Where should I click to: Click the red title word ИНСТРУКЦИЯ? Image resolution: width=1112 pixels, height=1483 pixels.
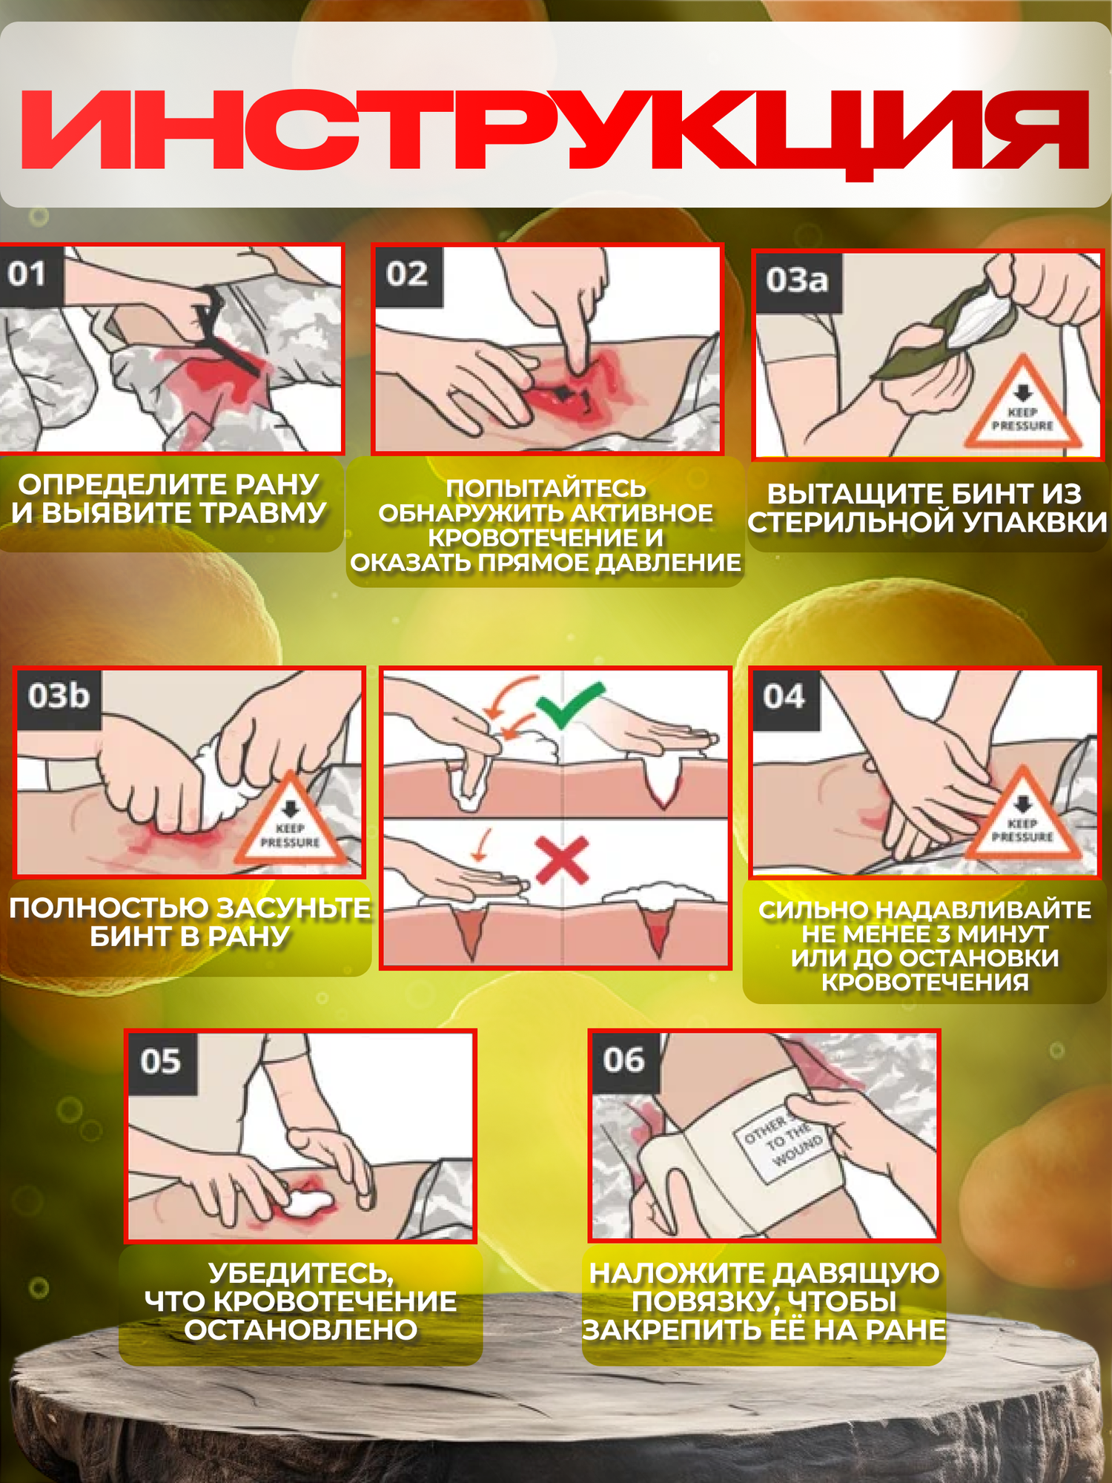(x=555, y=131)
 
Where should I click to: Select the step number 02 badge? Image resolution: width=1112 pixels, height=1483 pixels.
(x=408, y=276)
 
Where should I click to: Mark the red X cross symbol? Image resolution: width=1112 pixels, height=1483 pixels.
(x=562, y=860)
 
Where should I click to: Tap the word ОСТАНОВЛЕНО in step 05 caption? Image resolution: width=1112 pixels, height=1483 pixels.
(x=301, y=1330)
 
